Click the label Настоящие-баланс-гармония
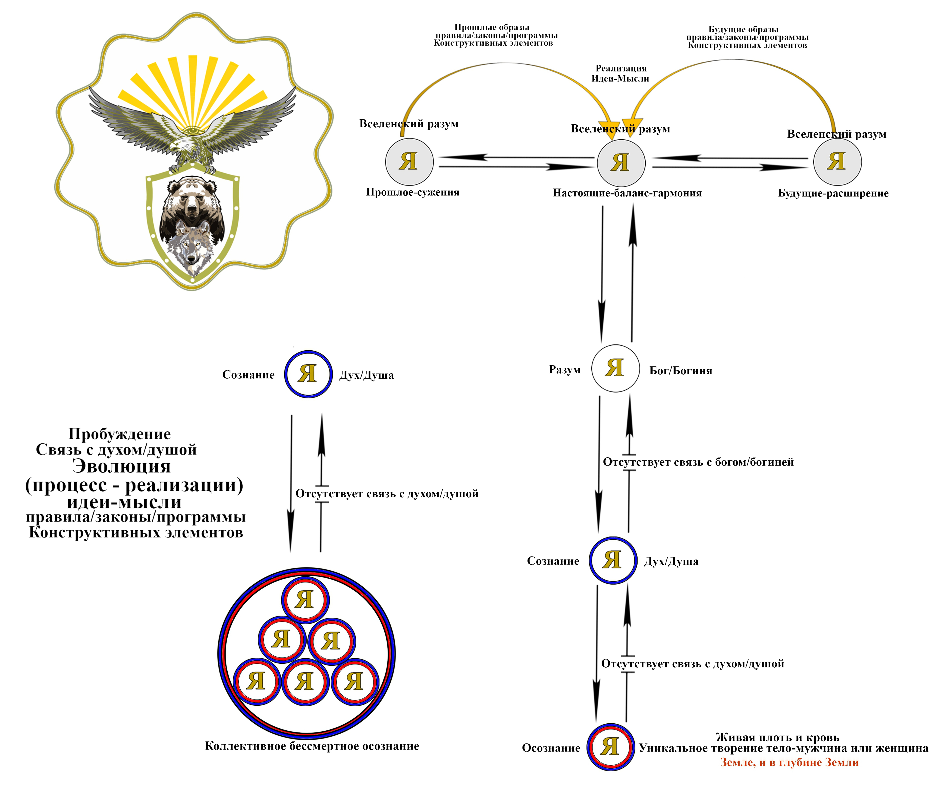tap(627, 193)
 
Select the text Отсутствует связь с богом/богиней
tap(698, 462)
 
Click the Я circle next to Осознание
tap(611, 747)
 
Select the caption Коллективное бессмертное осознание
tap(312, 746)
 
